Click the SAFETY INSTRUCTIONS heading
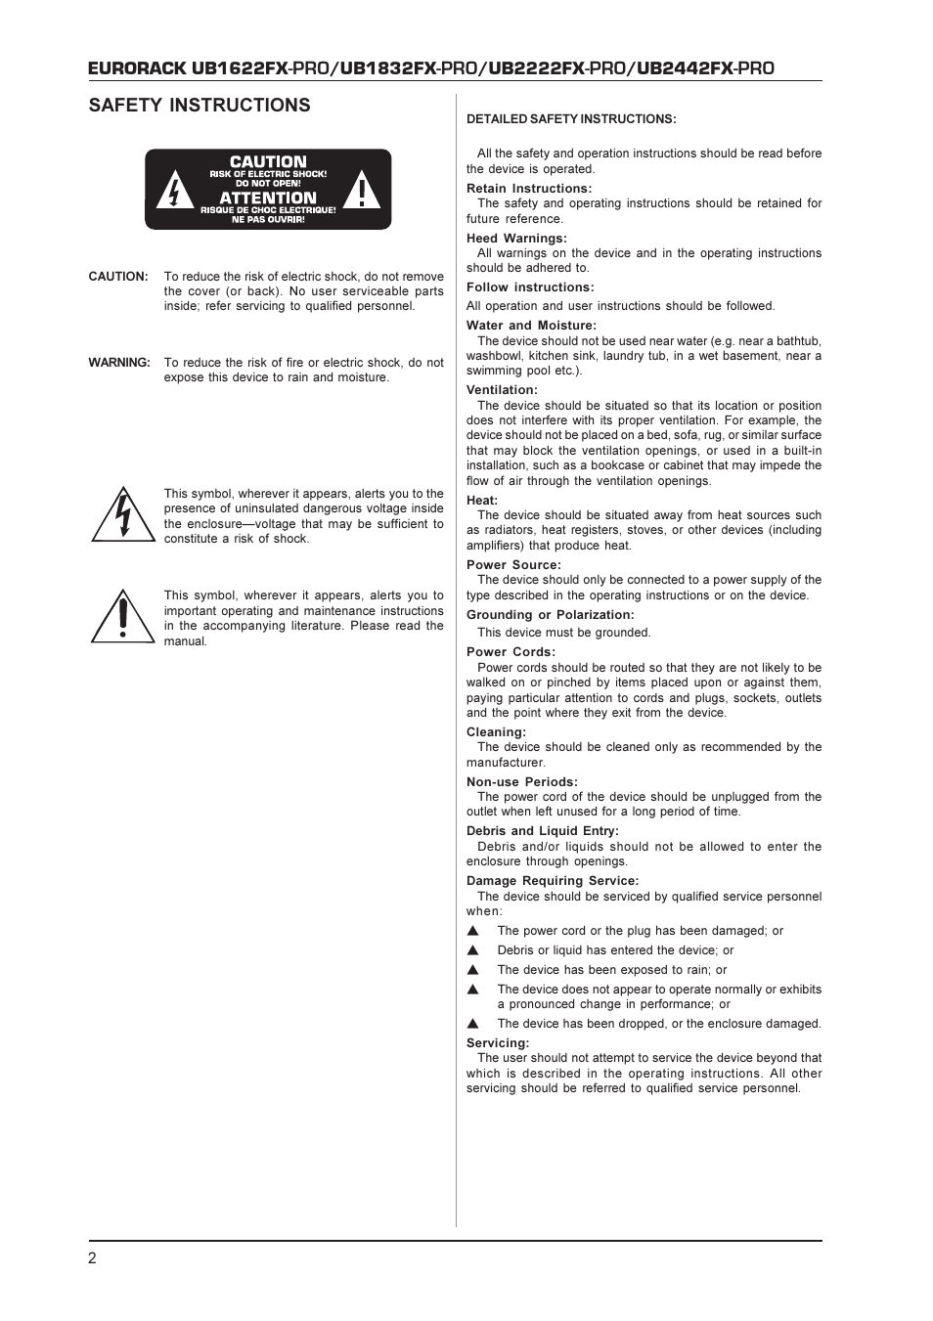tap(200, 106)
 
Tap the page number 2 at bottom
tap(93, 1258)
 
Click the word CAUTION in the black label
tap(268, 161)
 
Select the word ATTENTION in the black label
tap(268, 198)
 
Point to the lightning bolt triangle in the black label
tap(175, 191)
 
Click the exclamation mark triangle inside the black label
tap(362, 191)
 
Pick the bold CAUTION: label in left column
tap(118, 277)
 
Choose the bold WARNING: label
tap(119, 363)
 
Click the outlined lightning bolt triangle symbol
tap(123, 515)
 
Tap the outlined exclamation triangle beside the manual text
tap(123, 617)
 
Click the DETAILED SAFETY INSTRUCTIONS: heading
tap(571, 119)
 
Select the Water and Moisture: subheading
tap(531, 326)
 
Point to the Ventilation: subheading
tap(502, 390)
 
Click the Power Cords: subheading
tap(511, 652)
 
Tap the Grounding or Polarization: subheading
tap(550, 615)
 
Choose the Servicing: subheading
tap(498, 1043)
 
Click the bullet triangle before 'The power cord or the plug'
tap(473, 931)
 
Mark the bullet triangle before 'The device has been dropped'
tap(473, 1024)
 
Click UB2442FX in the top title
tap(685, 67)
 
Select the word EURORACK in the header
tap(137, 67)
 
